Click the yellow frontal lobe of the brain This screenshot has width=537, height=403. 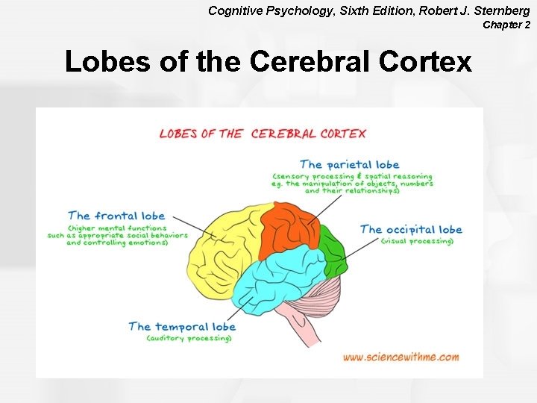[224, 254]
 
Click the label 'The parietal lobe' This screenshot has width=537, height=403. [349, 164]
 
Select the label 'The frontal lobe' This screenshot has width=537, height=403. [116, 216]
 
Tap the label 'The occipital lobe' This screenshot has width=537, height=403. [411, 229]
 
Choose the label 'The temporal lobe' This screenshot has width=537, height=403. [182, 326]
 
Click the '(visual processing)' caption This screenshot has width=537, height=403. [417, 241]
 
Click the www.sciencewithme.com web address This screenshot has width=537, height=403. [401, 357]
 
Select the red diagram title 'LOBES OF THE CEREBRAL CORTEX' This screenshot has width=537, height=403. [263, 134]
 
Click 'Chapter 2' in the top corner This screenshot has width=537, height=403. [506, 25]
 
